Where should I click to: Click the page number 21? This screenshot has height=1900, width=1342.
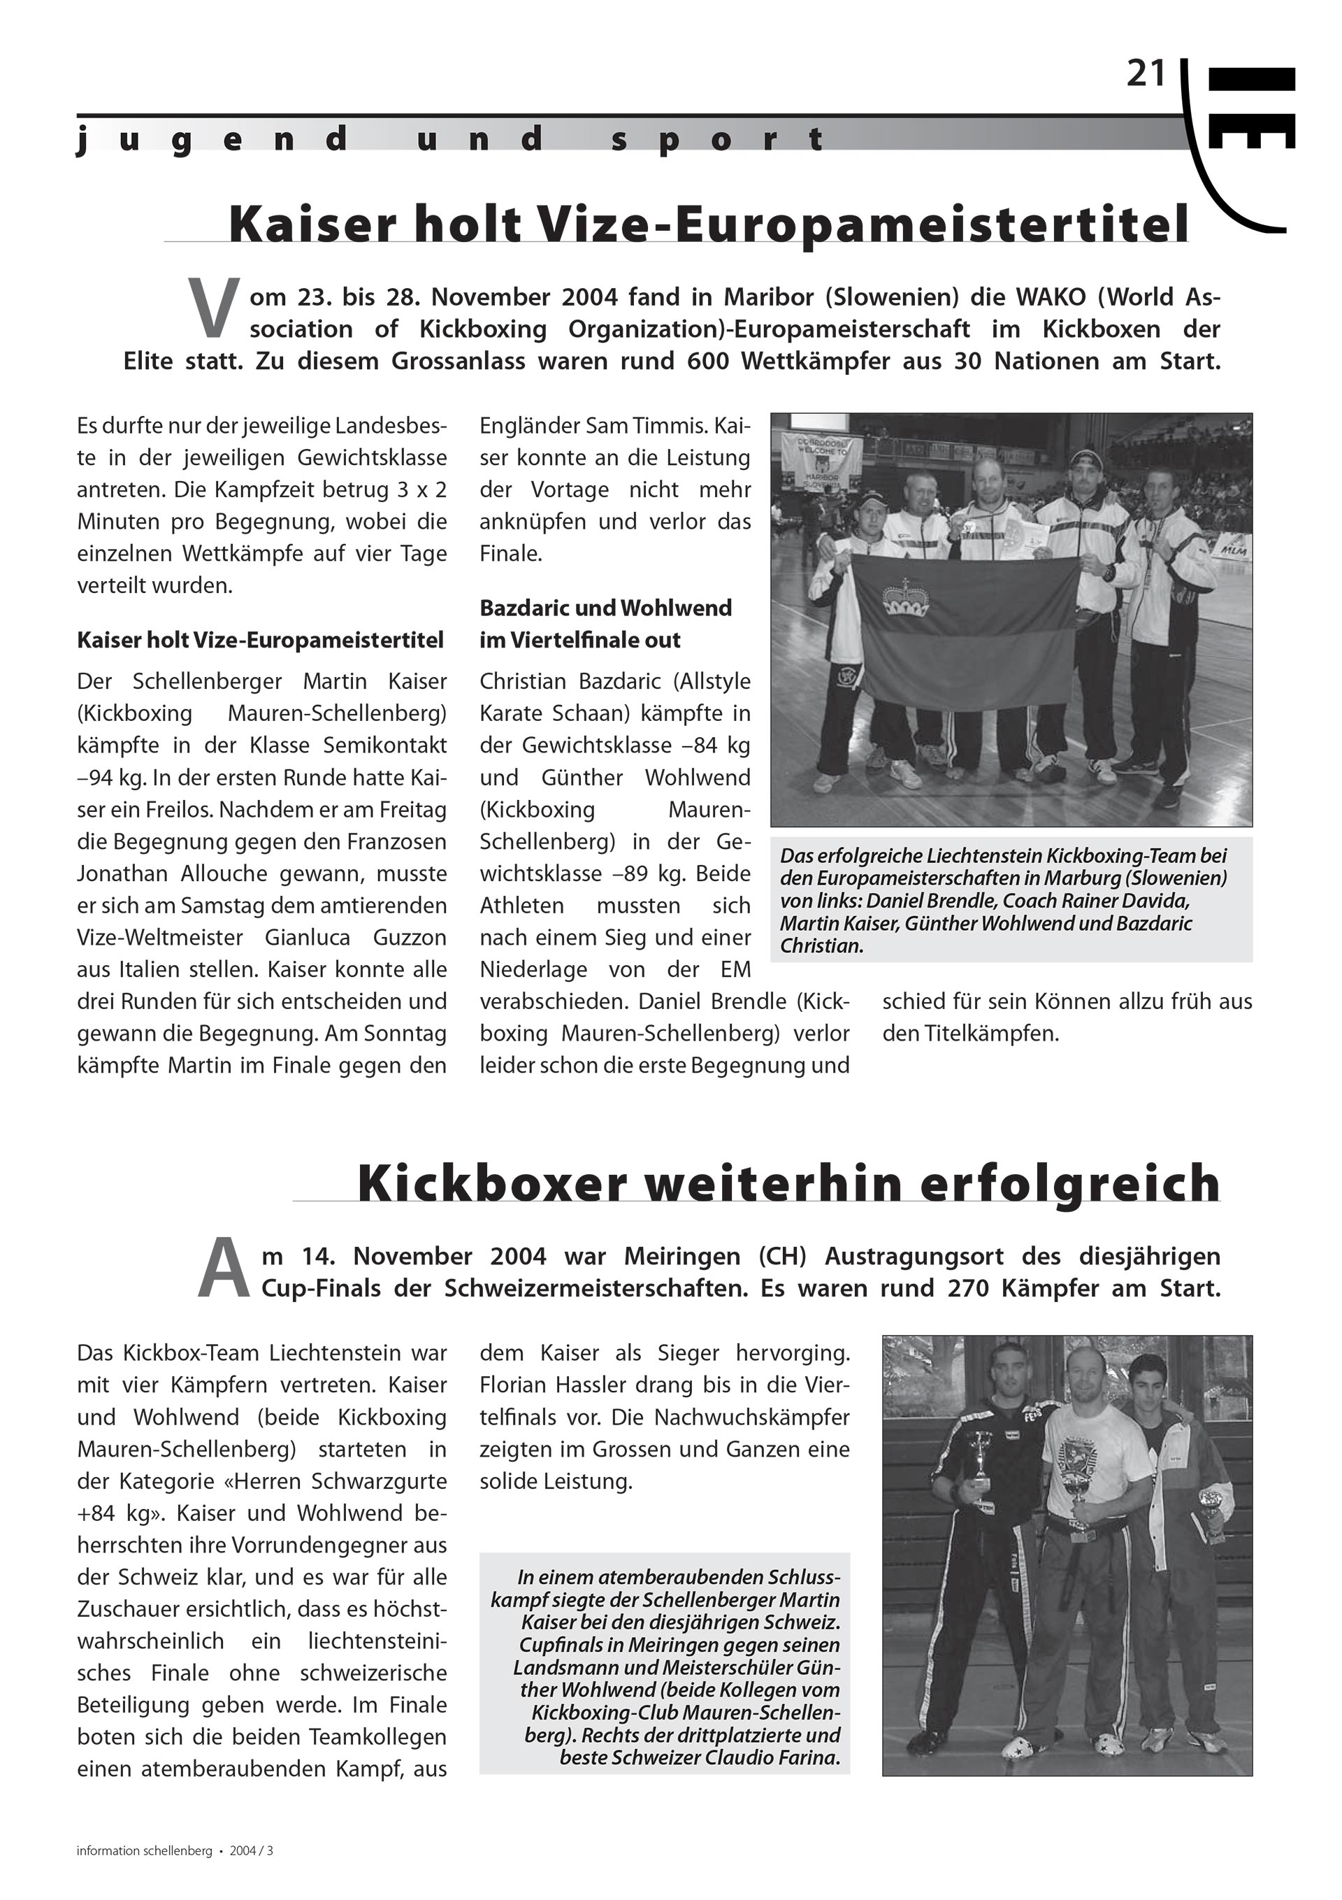(1145, 76)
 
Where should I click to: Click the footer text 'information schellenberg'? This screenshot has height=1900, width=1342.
(145, 1851)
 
